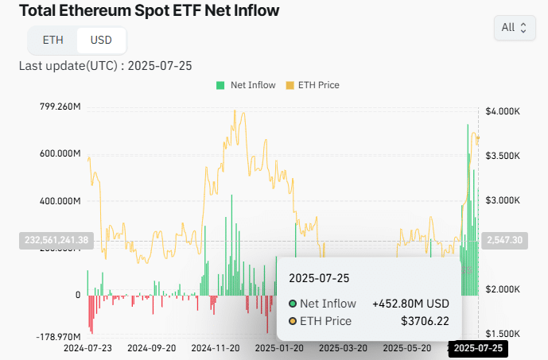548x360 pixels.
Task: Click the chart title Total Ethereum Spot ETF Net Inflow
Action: [x=149, y=11]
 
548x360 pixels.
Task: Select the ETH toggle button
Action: [x=52, y=40]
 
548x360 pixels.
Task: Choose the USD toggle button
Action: [x=101, y=40]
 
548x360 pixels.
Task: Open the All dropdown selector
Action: [x=513, y=28]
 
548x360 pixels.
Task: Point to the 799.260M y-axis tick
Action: [x=60, y=106]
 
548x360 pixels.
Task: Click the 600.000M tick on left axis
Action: [x=60, y=153]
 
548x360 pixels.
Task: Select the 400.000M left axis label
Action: [x=60, y=201]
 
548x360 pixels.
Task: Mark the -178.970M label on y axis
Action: [x=59, y=338]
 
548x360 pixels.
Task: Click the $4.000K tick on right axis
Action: [x=503, y=111]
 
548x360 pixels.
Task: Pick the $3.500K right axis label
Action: [x=503, y=156]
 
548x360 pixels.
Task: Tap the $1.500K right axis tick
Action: [x=503, y=334]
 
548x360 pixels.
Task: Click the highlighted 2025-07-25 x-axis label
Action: [x=478, y=348]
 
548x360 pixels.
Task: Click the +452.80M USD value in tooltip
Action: [x=410, y=304]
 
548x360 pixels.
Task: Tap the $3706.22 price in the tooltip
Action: [x=426, y=321]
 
